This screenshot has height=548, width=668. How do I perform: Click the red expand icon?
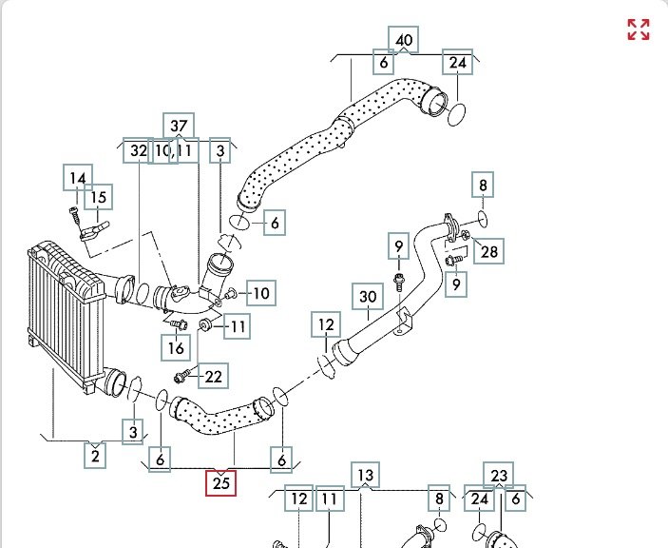[639, 29]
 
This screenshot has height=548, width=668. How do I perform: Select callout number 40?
[405, 40]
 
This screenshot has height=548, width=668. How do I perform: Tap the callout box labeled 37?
[179, 127]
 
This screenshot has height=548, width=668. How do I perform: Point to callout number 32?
[139, 150]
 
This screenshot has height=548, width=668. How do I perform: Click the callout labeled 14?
[78, 178]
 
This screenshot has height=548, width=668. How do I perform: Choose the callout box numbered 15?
[98, 197]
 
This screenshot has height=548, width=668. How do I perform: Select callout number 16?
[178, 348]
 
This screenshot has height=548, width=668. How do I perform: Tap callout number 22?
[214, 377]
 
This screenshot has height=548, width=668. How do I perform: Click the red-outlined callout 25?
[221, 483]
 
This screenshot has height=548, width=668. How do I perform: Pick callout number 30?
[368, 297]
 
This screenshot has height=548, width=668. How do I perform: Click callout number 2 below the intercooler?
[95, 456]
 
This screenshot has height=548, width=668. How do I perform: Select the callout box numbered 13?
[365, 475]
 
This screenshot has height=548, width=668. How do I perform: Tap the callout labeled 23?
[500, 475]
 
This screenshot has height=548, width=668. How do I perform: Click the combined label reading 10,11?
[173, 150]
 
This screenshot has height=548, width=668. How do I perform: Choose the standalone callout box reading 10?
[261, 293]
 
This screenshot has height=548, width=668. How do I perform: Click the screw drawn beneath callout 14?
[75, 213]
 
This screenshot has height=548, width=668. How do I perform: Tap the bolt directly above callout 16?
[177, 324]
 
